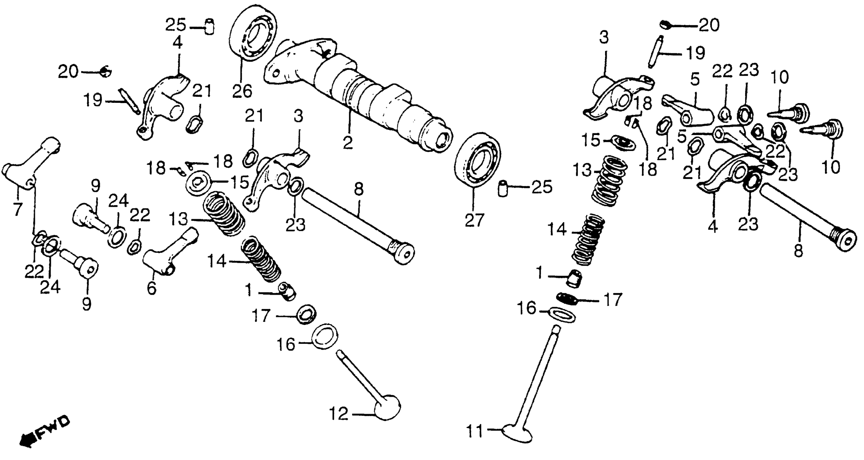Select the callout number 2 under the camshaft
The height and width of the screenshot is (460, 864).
tap(348, 143)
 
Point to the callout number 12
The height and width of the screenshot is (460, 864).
tap(339, 414)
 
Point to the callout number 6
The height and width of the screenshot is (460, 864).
tap(152, 288)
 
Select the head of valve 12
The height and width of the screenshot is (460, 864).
tap(387, 407)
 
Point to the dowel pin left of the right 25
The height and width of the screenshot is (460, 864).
tap(503, 188)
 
